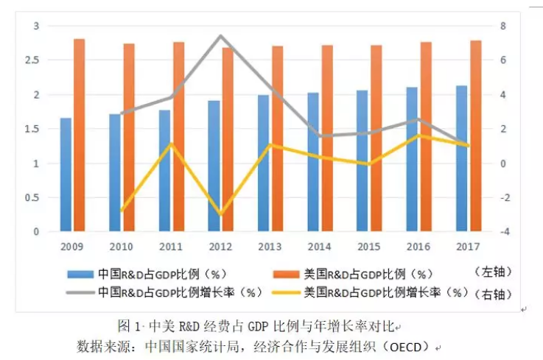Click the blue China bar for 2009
coord(66,174)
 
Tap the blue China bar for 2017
coord(461,158)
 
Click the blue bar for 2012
coord(214,166)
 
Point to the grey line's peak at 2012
coord(220,36)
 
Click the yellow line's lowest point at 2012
coord(220,214)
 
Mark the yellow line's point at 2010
coord(121,211)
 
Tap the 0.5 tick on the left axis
coord(30,198)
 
